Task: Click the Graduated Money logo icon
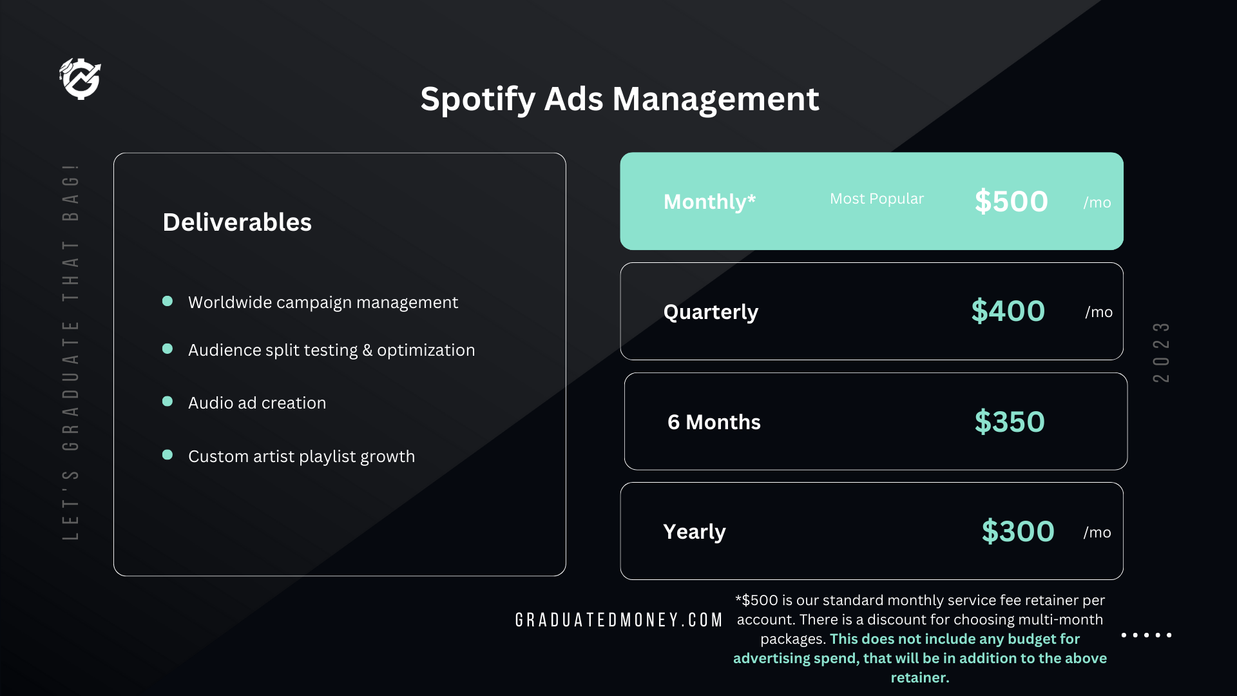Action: pyautogui.click(x=80, y=79)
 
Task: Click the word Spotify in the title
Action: pyautogui.click(x=478, y=100)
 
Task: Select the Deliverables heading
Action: pyautogui.click(x=237, y=222)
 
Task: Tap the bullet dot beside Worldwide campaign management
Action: pyautogui.click(x=168, y=301)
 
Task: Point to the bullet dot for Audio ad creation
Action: pyautogui.click(x=168, y=401)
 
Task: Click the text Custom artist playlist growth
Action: pyautogui.click(x=302, y=457)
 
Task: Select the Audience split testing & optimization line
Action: pyautogui.click(x=331, y=350)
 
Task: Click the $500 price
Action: pyautogui.click(x=1012, y=202)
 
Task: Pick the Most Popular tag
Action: pyautogui.click(x=877, y=199)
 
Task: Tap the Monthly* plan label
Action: pyautogui.click(x=710, y=202)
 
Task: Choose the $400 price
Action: pyautogui.click(x=1008, y=311)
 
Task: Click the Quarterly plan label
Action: pyautogui.click(x=711, y=313)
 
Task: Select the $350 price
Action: pyautogui.click(x=1010, y=422)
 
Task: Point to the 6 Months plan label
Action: pyautogui.click(x=714, y=422)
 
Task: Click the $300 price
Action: pyautogui.click(x=1018, y=532)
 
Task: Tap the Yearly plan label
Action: pyautogui.click(x=695, y=532)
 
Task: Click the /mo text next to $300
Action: pyautogui.click(x=1097, y=532)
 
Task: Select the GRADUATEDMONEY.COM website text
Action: pyautogui.click(x=619, y=620)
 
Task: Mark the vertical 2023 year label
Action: pyautogui.click(x=1161, y=352)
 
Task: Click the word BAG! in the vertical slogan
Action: pyautogui.click(x=71, y=192)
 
